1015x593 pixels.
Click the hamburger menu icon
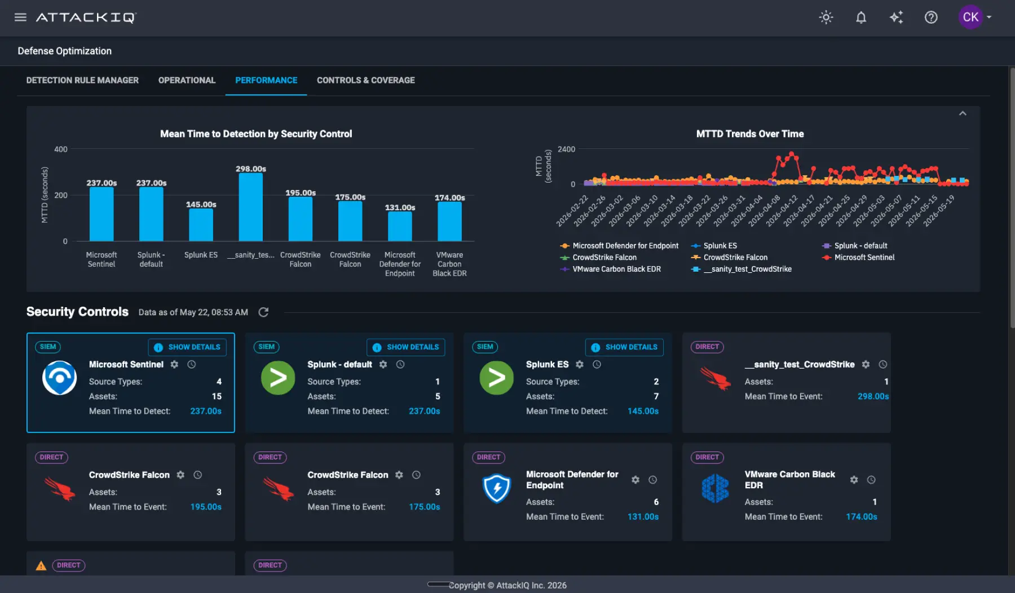click(x=20, y=17)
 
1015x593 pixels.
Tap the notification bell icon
click(x=860, y=17)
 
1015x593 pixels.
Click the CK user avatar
click(x=970, y=17)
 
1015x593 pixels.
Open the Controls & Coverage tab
click(x=365, y=80)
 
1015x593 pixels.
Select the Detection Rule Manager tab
click(x=82, y=80)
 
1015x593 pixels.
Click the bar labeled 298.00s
click(x=250, y=207)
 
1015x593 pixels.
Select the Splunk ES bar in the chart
click(x=201, y=225)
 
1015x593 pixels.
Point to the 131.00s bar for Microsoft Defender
click(x=400, y=227)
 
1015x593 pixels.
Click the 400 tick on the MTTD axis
click(x=61, y=149)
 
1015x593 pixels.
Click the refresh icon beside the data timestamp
click(x=263, y=312)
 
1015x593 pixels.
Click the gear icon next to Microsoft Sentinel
click(x=174, y=365)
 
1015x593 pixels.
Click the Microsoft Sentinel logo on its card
click(x=59, y=378)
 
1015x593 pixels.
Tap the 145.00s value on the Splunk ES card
click(x=643, y=411)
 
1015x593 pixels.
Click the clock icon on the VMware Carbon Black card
click(x=871, y=480)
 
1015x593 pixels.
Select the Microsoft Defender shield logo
click(x=497, y=488)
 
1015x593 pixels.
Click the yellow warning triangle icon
click(x=41, y=565)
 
